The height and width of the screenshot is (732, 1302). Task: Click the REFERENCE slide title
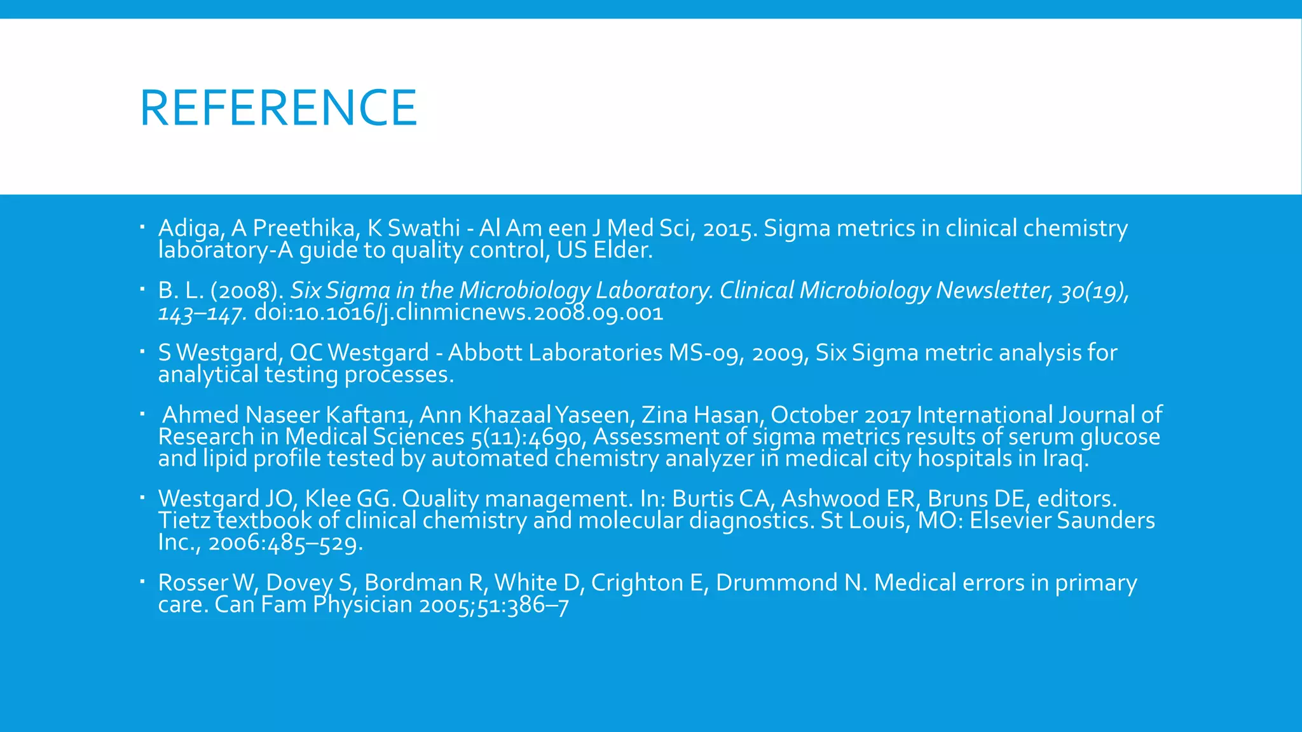(278, 108)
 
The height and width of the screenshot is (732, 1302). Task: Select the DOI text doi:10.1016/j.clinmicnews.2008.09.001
(458, 313)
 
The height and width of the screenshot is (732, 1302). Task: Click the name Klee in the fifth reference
(327, 499)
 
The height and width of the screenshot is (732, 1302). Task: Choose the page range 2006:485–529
(285, 543)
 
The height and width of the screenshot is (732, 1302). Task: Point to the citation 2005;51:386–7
(494, 605)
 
